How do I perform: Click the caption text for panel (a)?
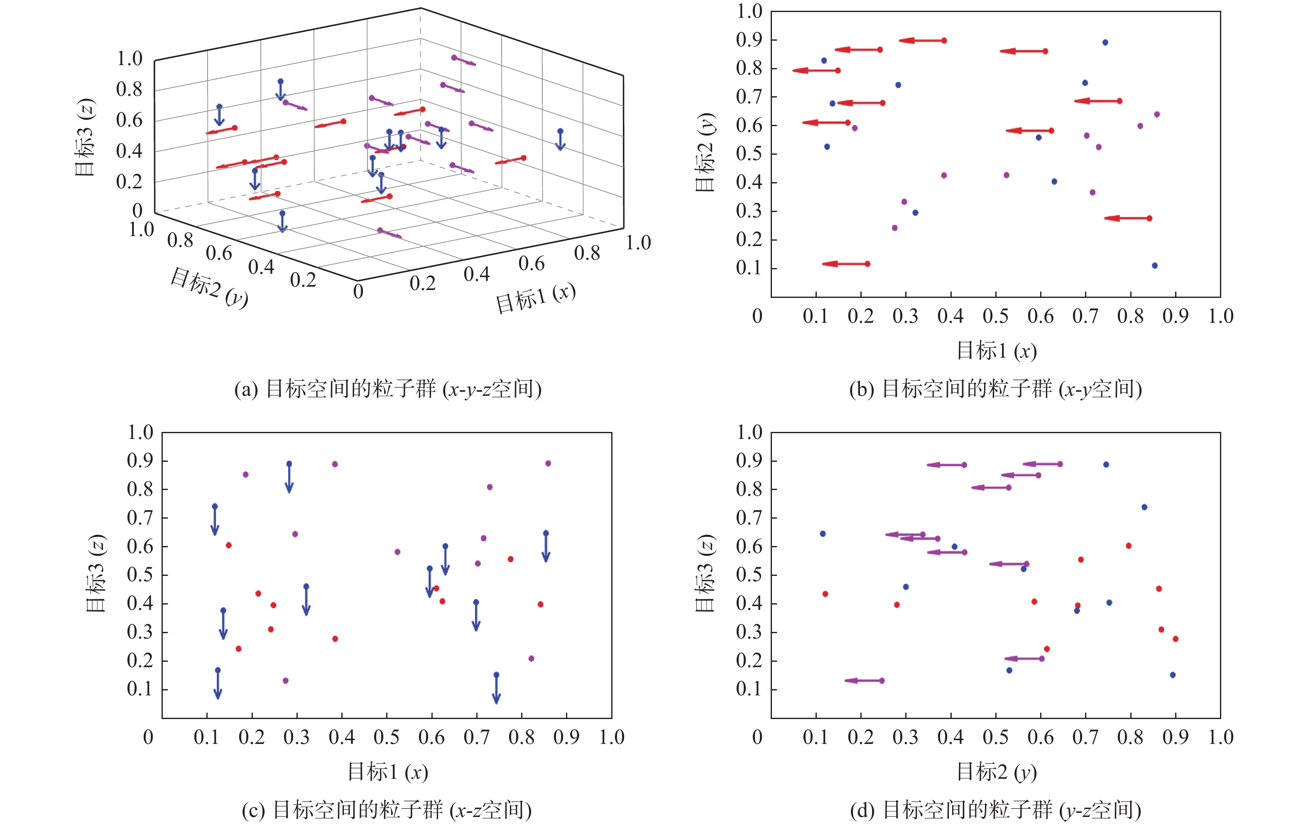(388, 389)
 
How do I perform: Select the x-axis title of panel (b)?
(996, 351)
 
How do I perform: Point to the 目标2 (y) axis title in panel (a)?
(209, 287)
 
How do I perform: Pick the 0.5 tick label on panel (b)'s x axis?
(995, 316)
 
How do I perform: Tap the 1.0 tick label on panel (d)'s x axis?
(1220, 737)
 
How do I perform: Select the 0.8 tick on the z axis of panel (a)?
(129, 90)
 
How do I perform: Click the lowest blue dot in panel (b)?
(1154, 266)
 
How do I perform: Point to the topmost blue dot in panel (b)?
(1105, 42)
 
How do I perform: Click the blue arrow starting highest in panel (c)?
(289, 477)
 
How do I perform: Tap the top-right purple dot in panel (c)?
(548, 463)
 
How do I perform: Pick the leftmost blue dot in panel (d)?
(823, 534)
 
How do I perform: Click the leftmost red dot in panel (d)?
(825, 594)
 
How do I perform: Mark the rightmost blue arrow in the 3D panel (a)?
(560, 139)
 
